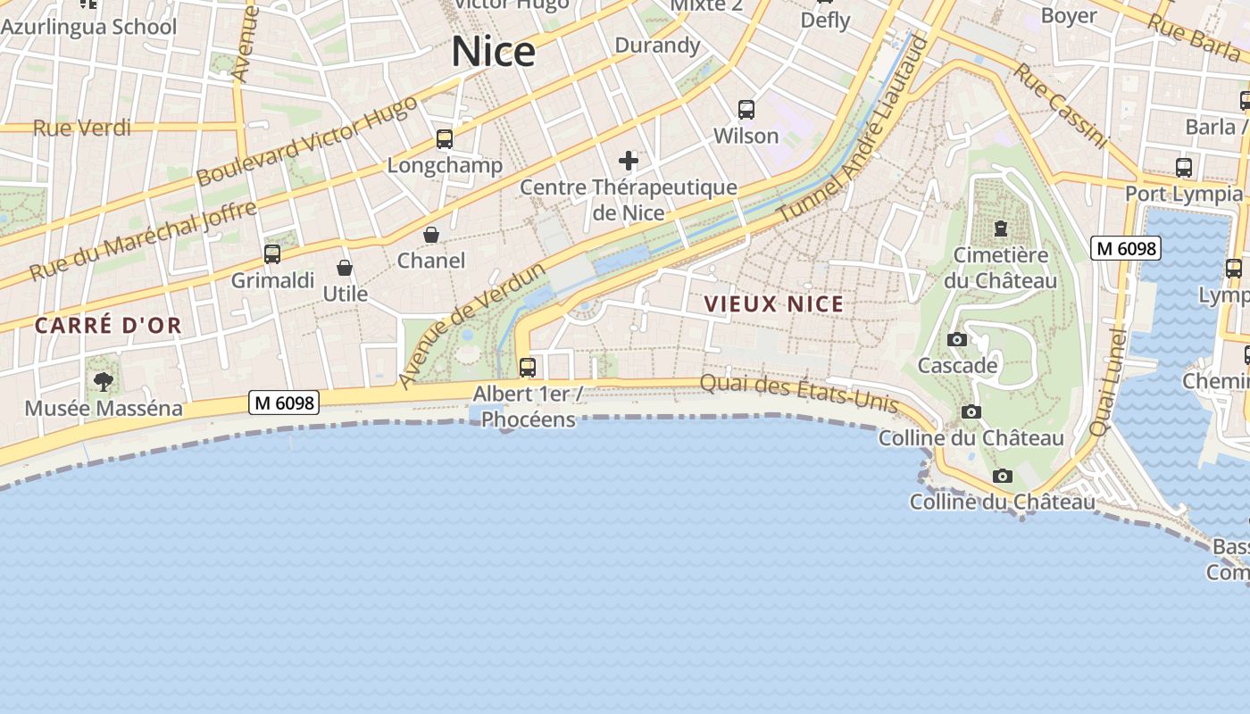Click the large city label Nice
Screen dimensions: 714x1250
493,52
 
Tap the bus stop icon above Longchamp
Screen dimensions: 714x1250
444,139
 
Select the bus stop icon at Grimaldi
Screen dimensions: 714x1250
272,254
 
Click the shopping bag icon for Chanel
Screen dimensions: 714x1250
431,235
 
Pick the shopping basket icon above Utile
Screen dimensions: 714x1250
345,268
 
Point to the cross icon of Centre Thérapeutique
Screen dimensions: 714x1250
629,161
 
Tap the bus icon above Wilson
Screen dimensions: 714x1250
746,110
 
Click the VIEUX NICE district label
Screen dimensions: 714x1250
773,304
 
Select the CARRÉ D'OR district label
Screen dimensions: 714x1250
108,326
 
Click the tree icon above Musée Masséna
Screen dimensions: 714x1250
104,382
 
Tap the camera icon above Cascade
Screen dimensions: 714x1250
956,340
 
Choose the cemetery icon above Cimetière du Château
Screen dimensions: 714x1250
1000,228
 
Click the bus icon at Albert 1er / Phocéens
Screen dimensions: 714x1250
528,367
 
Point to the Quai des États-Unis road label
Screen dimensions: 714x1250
798,393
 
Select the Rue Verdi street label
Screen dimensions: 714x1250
82,129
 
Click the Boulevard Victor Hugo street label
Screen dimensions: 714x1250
306,141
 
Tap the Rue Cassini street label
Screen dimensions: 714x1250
1060,104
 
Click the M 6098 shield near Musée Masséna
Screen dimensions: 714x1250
285,403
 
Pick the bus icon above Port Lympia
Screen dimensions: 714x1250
1183,167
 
